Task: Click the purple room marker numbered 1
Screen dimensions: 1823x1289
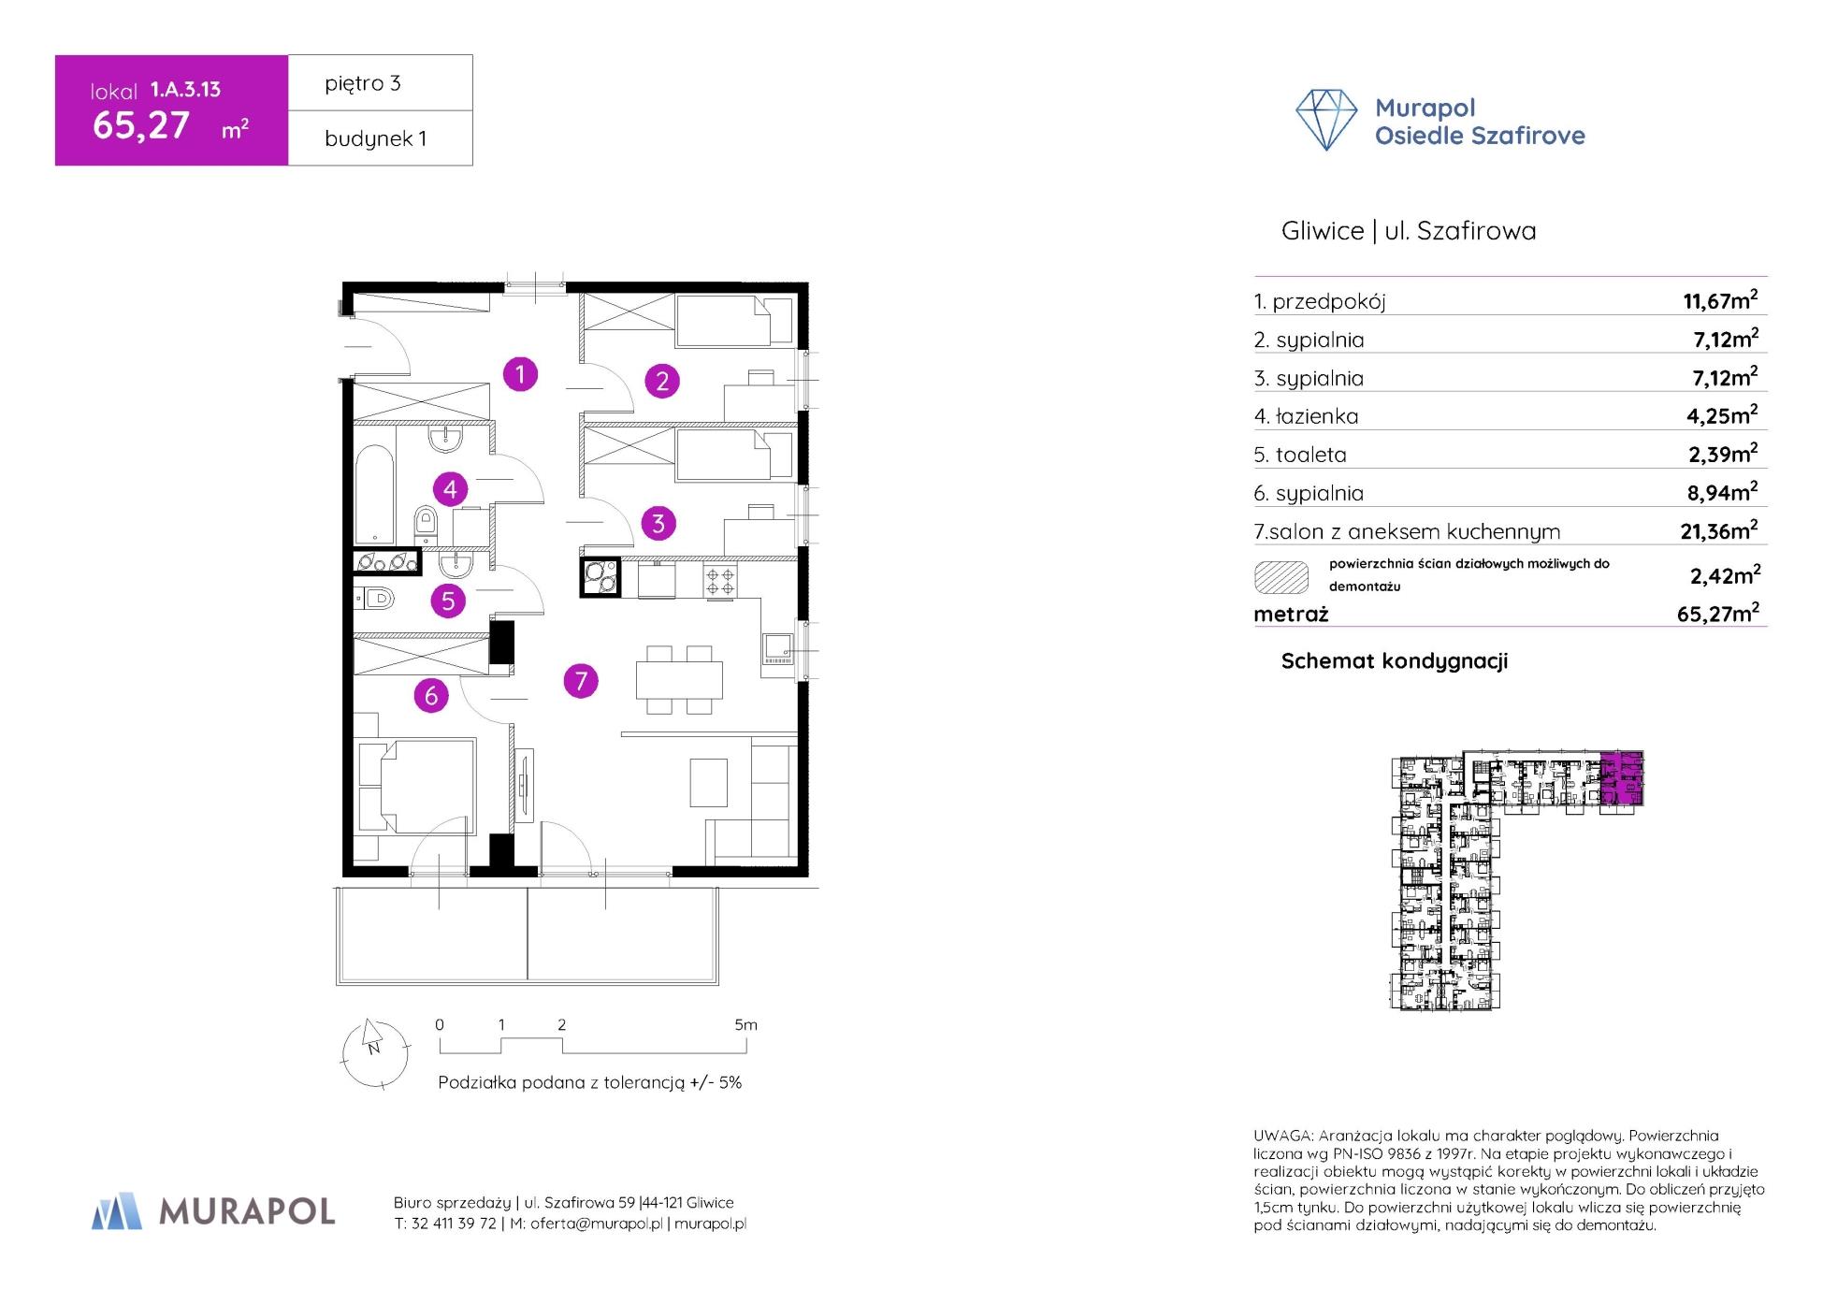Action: pyautogui.click(x=520, y=374)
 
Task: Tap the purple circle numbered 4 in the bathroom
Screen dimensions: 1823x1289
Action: pyautogui.click(x=450, y=488)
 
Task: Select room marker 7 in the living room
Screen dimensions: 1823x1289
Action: pyautogui.click(x=581, y=680)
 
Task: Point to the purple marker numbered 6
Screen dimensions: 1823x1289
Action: pyautogui.click(x=431, y=695)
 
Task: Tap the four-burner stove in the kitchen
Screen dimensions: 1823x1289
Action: pyautogui.click(x=720, y=580)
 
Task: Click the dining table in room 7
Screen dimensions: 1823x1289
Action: pyautogui.click(x=679, y=680)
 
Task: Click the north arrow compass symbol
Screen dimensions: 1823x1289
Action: pyautogui.click(x=374, y=1052)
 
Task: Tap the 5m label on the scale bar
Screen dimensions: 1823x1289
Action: pyautogui.click(x=745, y=1024)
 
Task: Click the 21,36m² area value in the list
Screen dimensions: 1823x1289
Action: pyautogui.click(x=1719, y=530)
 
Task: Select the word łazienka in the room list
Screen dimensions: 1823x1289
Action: pyautogui.click(x=1317, y=416)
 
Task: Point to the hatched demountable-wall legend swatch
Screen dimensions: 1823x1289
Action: pyautogui.click(x=1281, y=577)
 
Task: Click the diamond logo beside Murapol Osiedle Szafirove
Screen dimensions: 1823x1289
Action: pyautogui.click(x=1326, y=120)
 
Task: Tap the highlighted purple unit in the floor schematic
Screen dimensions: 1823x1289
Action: pyautogui.click(x=1622, y=778)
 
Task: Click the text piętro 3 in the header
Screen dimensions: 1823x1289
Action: pyautogui.click(x=363, y=83)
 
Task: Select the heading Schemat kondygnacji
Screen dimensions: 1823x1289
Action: pyautogui.click(x=1395, y=661)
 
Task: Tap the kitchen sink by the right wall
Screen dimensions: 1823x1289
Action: pyautogui.click(x=777, y=646)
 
